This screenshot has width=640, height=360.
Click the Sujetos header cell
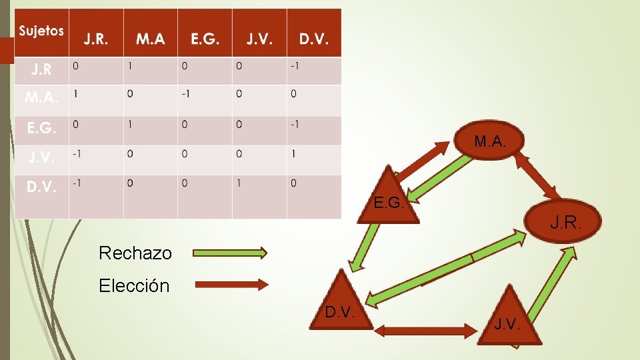click(x=41, y=31)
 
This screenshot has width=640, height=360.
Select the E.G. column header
click(x=205, y=39)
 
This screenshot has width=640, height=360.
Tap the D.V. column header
click(x=313, y=39)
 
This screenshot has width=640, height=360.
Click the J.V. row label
click(x=41, y=157)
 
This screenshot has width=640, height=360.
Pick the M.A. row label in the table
click(x=42, y=97)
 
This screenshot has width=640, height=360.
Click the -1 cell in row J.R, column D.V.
click(x=294, y=66)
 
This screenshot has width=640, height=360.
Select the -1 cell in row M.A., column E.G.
click(x=185, y=94)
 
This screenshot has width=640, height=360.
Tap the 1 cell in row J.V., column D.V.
click(x=293, y=153)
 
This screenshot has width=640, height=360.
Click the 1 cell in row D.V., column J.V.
click(x=239, y=183)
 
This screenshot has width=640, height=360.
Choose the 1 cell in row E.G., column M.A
click(x=130, y=124)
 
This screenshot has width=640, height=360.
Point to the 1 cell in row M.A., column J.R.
click(x=75, y=94)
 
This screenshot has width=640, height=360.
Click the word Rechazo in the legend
click(x=135, y=253)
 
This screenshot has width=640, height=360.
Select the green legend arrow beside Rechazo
click(x=230, y=253)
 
